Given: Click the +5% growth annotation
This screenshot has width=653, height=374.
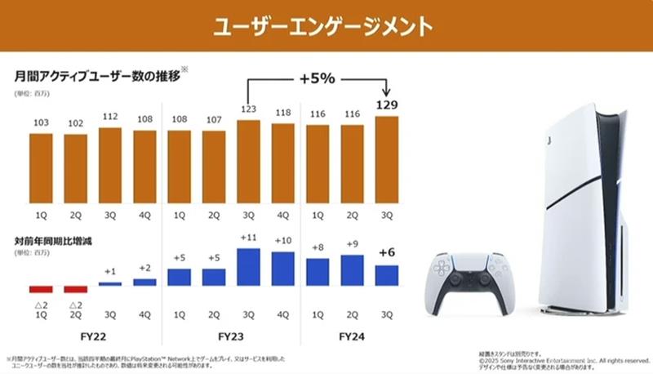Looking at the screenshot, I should pyautogui.click(x=318, y=80).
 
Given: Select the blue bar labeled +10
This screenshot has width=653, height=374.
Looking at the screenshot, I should pyautogui.click(x=284, y=269).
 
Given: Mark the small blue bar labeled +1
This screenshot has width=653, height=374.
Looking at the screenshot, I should pyautogui.click(x=110, y=283).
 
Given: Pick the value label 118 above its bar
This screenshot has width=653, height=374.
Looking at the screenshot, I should pyautogui.click(x=284, y=114).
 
